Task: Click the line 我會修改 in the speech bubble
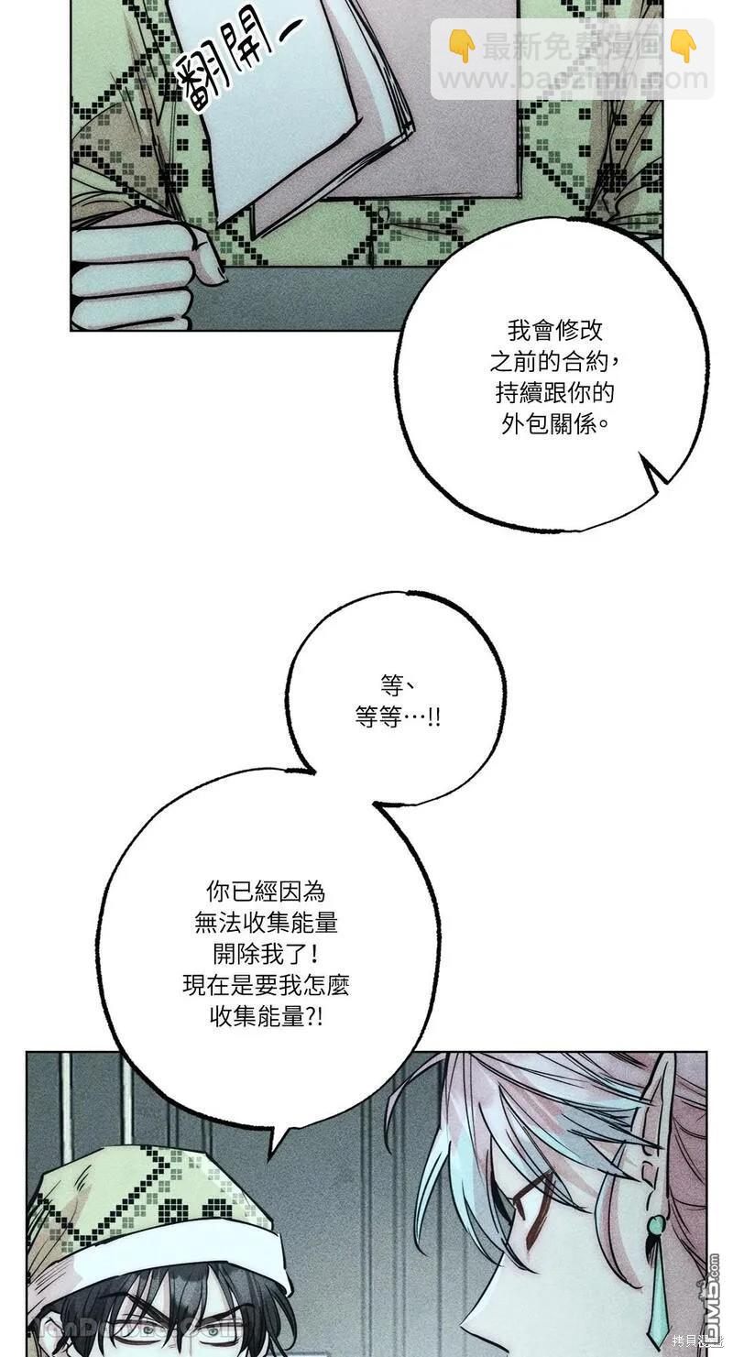coord(554,332)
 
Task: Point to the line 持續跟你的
coord(554,394)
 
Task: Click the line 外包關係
coord(554,425)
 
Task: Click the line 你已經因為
coord(266,891)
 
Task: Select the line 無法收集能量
coord(266,922)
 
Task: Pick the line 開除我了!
coord(266,953)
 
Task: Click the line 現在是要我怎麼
coord(266,985)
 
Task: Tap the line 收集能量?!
coord(266,1016)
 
